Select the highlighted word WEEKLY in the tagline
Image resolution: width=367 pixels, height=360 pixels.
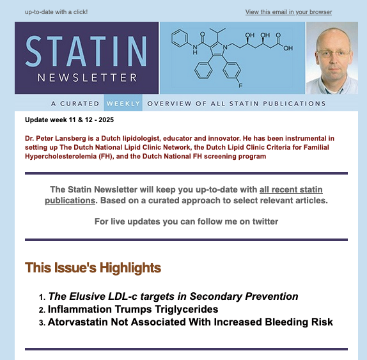point(123,104)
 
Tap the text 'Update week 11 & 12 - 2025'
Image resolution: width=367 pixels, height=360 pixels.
point(69,120)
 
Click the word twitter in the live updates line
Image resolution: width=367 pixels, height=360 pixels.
point(264,222)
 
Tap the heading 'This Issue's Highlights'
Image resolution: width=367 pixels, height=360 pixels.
point(93,267)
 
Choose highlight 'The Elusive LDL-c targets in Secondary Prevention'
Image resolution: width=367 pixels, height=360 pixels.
point(173,297)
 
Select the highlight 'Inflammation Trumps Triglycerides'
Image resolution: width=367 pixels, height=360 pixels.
point(132,309)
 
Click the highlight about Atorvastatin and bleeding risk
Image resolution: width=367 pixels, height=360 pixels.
point(190,322)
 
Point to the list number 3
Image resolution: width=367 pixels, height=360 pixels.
point(42,323)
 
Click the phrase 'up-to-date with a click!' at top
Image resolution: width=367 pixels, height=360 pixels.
point(56,12)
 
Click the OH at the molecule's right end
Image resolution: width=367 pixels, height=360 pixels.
point(288,47)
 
